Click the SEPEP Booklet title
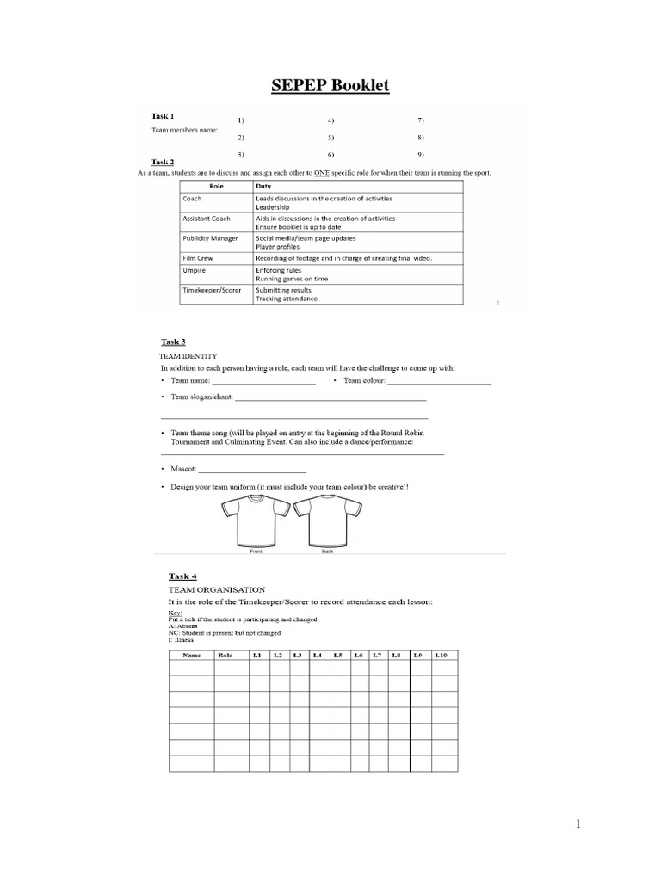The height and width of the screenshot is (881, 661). coord(330,85)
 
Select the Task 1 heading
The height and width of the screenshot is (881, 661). coord(163,116)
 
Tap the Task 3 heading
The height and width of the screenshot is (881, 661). coord(174,342)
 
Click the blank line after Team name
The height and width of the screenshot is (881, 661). coord(263,382)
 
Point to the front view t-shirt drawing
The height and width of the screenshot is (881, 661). coord(256,520)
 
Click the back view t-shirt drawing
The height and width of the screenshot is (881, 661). coord(327,520)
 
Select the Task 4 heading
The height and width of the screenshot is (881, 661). coord(182,576)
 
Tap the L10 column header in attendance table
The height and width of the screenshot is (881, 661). coord(442,655)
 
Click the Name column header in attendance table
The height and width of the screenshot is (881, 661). coord(191,655)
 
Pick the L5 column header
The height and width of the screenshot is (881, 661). coord(338,655)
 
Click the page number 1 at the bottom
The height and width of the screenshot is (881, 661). coord(578,824)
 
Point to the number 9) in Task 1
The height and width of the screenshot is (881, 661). coord(422,154)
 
